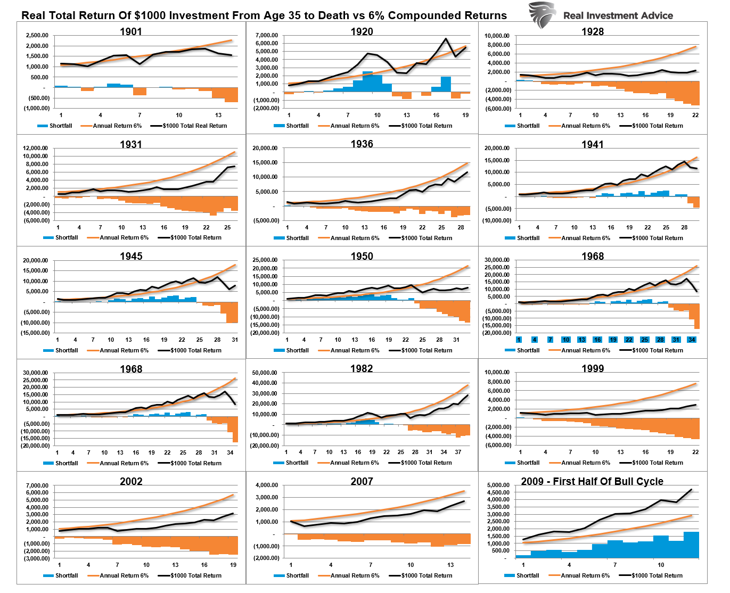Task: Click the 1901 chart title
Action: (x=131, y=31)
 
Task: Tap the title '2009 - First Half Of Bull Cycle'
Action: (x=592, y=481)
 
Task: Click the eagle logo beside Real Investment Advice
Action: (x=543, y=14)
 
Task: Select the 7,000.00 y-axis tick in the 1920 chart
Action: (x=266, y=36)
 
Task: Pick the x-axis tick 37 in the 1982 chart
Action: (x=458, y=452)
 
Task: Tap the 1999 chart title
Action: (x=593, y=368)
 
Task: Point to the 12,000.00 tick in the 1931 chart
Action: (x=36, y=149)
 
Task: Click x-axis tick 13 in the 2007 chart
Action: (x=450, y=565)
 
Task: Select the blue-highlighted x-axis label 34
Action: (x=692, y=340)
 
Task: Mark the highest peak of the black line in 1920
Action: (x=446, y=38)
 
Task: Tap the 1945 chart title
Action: (x=131, y=256)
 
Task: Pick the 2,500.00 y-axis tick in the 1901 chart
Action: (x=37, y=36)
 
